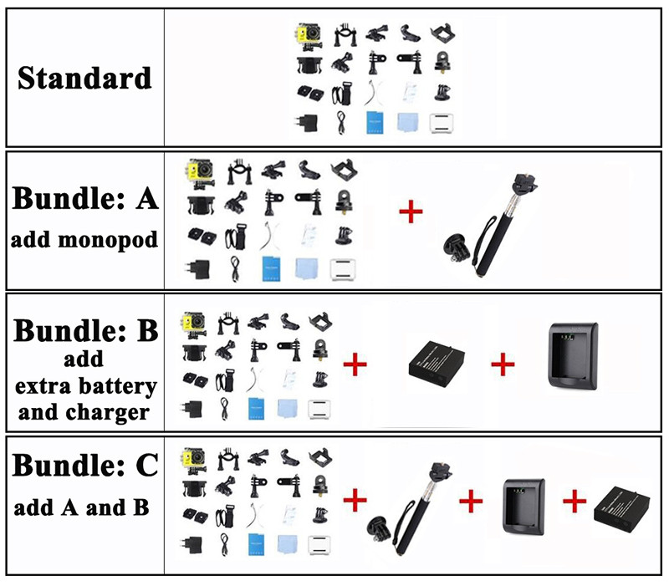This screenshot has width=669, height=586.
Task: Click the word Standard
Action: [x=84, y=79]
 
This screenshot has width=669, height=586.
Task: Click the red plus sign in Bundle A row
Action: [x=411, y=211]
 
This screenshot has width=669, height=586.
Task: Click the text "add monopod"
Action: [x=84, y=240]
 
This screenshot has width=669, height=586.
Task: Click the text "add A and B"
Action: [x=82, y=507]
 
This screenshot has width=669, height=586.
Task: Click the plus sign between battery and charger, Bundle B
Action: [x=503, y=364]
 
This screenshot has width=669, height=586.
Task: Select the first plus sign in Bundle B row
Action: [x=356, y=364]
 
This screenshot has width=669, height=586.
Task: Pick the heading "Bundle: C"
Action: [x=85, y=466]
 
